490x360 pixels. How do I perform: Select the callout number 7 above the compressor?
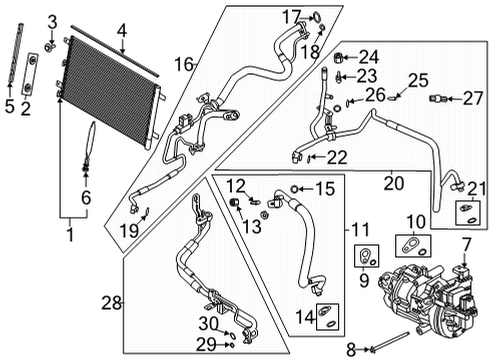[466, 245]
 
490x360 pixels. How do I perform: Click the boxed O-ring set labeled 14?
[325, 316]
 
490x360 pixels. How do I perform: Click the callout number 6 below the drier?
[86, 198]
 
